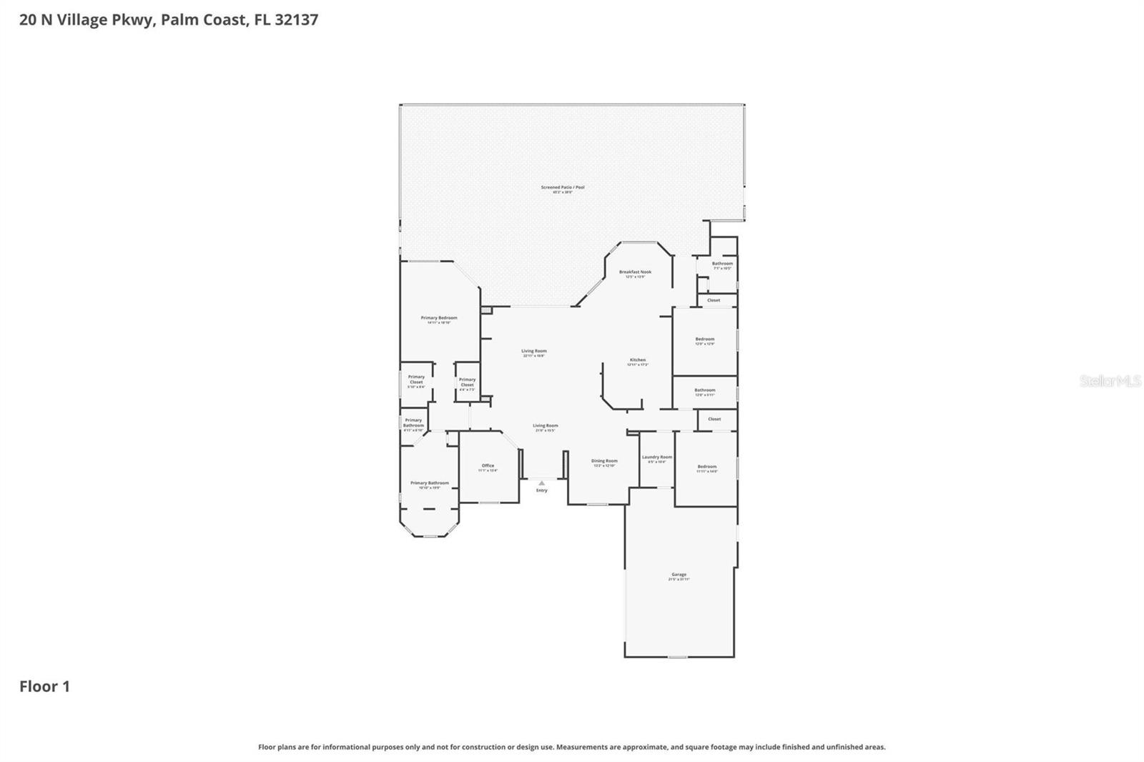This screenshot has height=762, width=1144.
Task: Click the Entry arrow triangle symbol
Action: tap(541, 483)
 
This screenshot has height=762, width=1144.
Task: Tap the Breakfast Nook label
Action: tap(635, 272)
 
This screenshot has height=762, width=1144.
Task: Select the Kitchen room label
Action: tap(638, 360)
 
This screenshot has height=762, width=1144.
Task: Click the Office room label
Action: tap(488, 466)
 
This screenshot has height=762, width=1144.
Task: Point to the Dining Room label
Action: tap(604, 461)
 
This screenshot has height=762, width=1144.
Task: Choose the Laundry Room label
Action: tap(656, 457)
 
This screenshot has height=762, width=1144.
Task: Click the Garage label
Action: tap(679, 575)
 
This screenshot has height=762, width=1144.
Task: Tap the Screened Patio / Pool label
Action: tap(563, 187)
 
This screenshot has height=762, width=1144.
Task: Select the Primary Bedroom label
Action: tap(438, 318)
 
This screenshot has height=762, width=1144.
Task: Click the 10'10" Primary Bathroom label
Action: tap(429, 483)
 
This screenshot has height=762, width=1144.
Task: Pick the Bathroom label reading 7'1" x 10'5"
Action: tap(722, 264)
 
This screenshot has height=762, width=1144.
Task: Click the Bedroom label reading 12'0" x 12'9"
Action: tap(705, 340)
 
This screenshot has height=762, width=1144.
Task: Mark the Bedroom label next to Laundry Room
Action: tap(706, 467)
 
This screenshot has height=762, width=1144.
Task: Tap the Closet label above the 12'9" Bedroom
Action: tap(714, 300)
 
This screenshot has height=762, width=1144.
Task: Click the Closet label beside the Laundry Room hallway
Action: tap(714, 419)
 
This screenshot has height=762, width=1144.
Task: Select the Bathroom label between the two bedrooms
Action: tap(705, 390)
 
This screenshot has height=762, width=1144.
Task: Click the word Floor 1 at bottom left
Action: tap(44, 686)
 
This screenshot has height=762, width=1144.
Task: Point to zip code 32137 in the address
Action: tap(296, 19)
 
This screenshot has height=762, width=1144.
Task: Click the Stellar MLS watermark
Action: tap(1110, 381)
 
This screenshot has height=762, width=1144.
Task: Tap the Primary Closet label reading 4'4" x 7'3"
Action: tap(467, 382)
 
